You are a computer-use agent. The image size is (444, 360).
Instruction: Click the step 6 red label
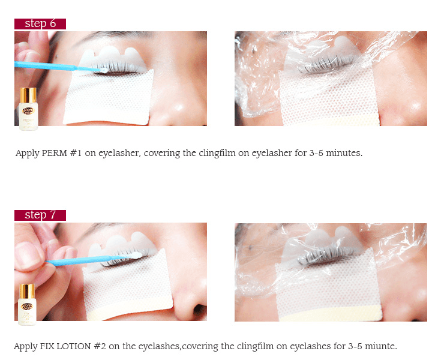click(40, 24)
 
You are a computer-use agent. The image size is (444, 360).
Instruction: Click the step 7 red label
click(40, 215)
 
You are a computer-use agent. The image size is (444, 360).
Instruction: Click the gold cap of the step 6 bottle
click(28, 94)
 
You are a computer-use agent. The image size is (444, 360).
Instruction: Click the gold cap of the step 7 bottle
click(28, 290)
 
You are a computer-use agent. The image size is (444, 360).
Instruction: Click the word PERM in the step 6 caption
click(56, 153)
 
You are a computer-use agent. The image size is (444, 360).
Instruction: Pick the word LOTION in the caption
click(77, 347)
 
